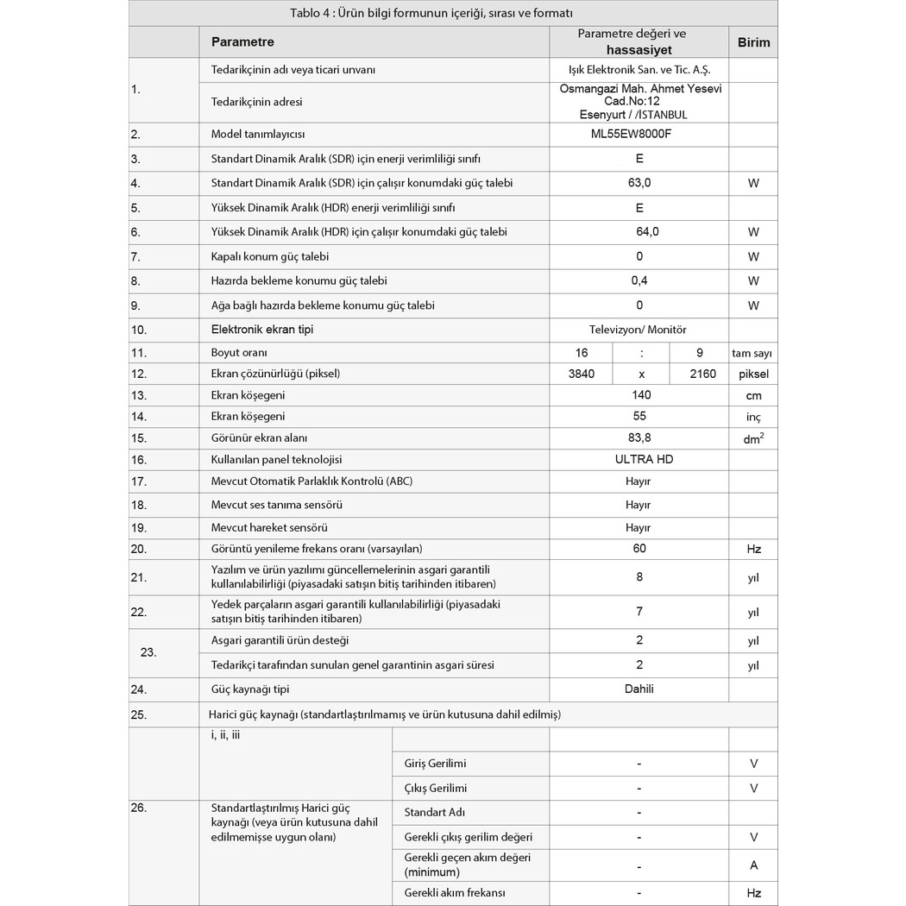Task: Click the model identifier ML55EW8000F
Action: [639, 135]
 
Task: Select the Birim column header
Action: [753, 41]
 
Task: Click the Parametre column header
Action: [242, 41]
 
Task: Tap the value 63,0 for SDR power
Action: [639, 183]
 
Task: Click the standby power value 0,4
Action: [639, 280]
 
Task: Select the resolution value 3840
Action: [582, 374]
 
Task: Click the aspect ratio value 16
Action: [582, 352]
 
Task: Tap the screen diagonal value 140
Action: [641, 394]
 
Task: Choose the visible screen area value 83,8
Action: [639, 437]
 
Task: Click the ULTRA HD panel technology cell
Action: [639, 459]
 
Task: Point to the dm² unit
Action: [753, 438]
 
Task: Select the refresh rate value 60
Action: [639, 548]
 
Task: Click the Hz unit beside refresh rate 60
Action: [753, 549]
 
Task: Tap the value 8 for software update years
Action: [639, 576]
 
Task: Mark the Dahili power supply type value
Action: [639, 689]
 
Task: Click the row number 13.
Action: [138, 395]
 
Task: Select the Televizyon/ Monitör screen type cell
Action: [639, 329]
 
